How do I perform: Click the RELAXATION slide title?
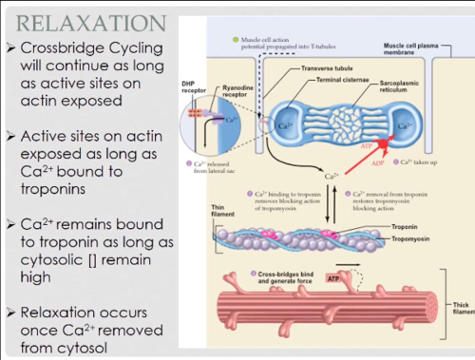[x=91, y=23]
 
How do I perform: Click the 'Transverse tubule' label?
[x=327, y=69]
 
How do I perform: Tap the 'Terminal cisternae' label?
[x=342, y=80]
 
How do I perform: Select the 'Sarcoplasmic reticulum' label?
[x=399, y=86]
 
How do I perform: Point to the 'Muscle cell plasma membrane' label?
[x=411, y=49]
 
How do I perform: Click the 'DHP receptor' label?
[x=194, y=87]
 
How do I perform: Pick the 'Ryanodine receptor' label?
[x=237, y=91]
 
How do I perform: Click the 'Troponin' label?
[x=404, y=227]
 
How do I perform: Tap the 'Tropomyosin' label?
[x=410, y=239]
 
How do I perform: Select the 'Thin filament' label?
[x=223, y=211]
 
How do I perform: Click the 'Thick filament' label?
[x=463, y=308]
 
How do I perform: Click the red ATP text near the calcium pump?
[x=366, y=146]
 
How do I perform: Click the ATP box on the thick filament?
[x=333, y=279]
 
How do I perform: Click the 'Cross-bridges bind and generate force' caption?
[x=285, y=278]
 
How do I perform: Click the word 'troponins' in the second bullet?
[x=53, y=189]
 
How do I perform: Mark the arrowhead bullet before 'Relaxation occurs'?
[x=11, y=312]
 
